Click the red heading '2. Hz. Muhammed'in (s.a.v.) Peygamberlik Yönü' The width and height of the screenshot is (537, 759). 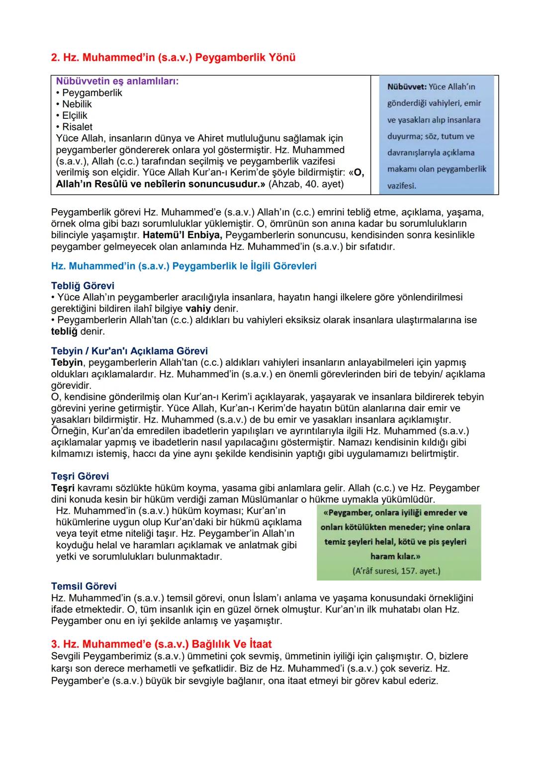click(x=173, y=58)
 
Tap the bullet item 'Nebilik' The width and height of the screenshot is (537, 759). click(x=77, y=104)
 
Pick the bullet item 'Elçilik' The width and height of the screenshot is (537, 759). click(x=75, y=115)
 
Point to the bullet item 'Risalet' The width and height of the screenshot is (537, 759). click(x=77, y=127)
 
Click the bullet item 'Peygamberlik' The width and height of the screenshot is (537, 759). click(x=92, y=92)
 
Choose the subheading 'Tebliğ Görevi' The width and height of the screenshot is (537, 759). click(x=83, y=286)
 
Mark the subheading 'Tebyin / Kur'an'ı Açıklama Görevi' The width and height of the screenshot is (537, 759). click(x=129, y=351)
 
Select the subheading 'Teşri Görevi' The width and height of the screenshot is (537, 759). click(x=80, y=476)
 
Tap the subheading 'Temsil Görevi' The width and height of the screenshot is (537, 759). click(x=84, y=587)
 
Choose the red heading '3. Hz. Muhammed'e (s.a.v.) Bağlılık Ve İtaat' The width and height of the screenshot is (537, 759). click(x=161, y=644)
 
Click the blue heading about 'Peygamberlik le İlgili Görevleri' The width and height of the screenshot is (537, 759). click(x=183, y=266)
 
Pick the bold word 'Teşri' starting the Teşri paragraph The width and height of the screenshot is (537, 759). click(x=63, y=488)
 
